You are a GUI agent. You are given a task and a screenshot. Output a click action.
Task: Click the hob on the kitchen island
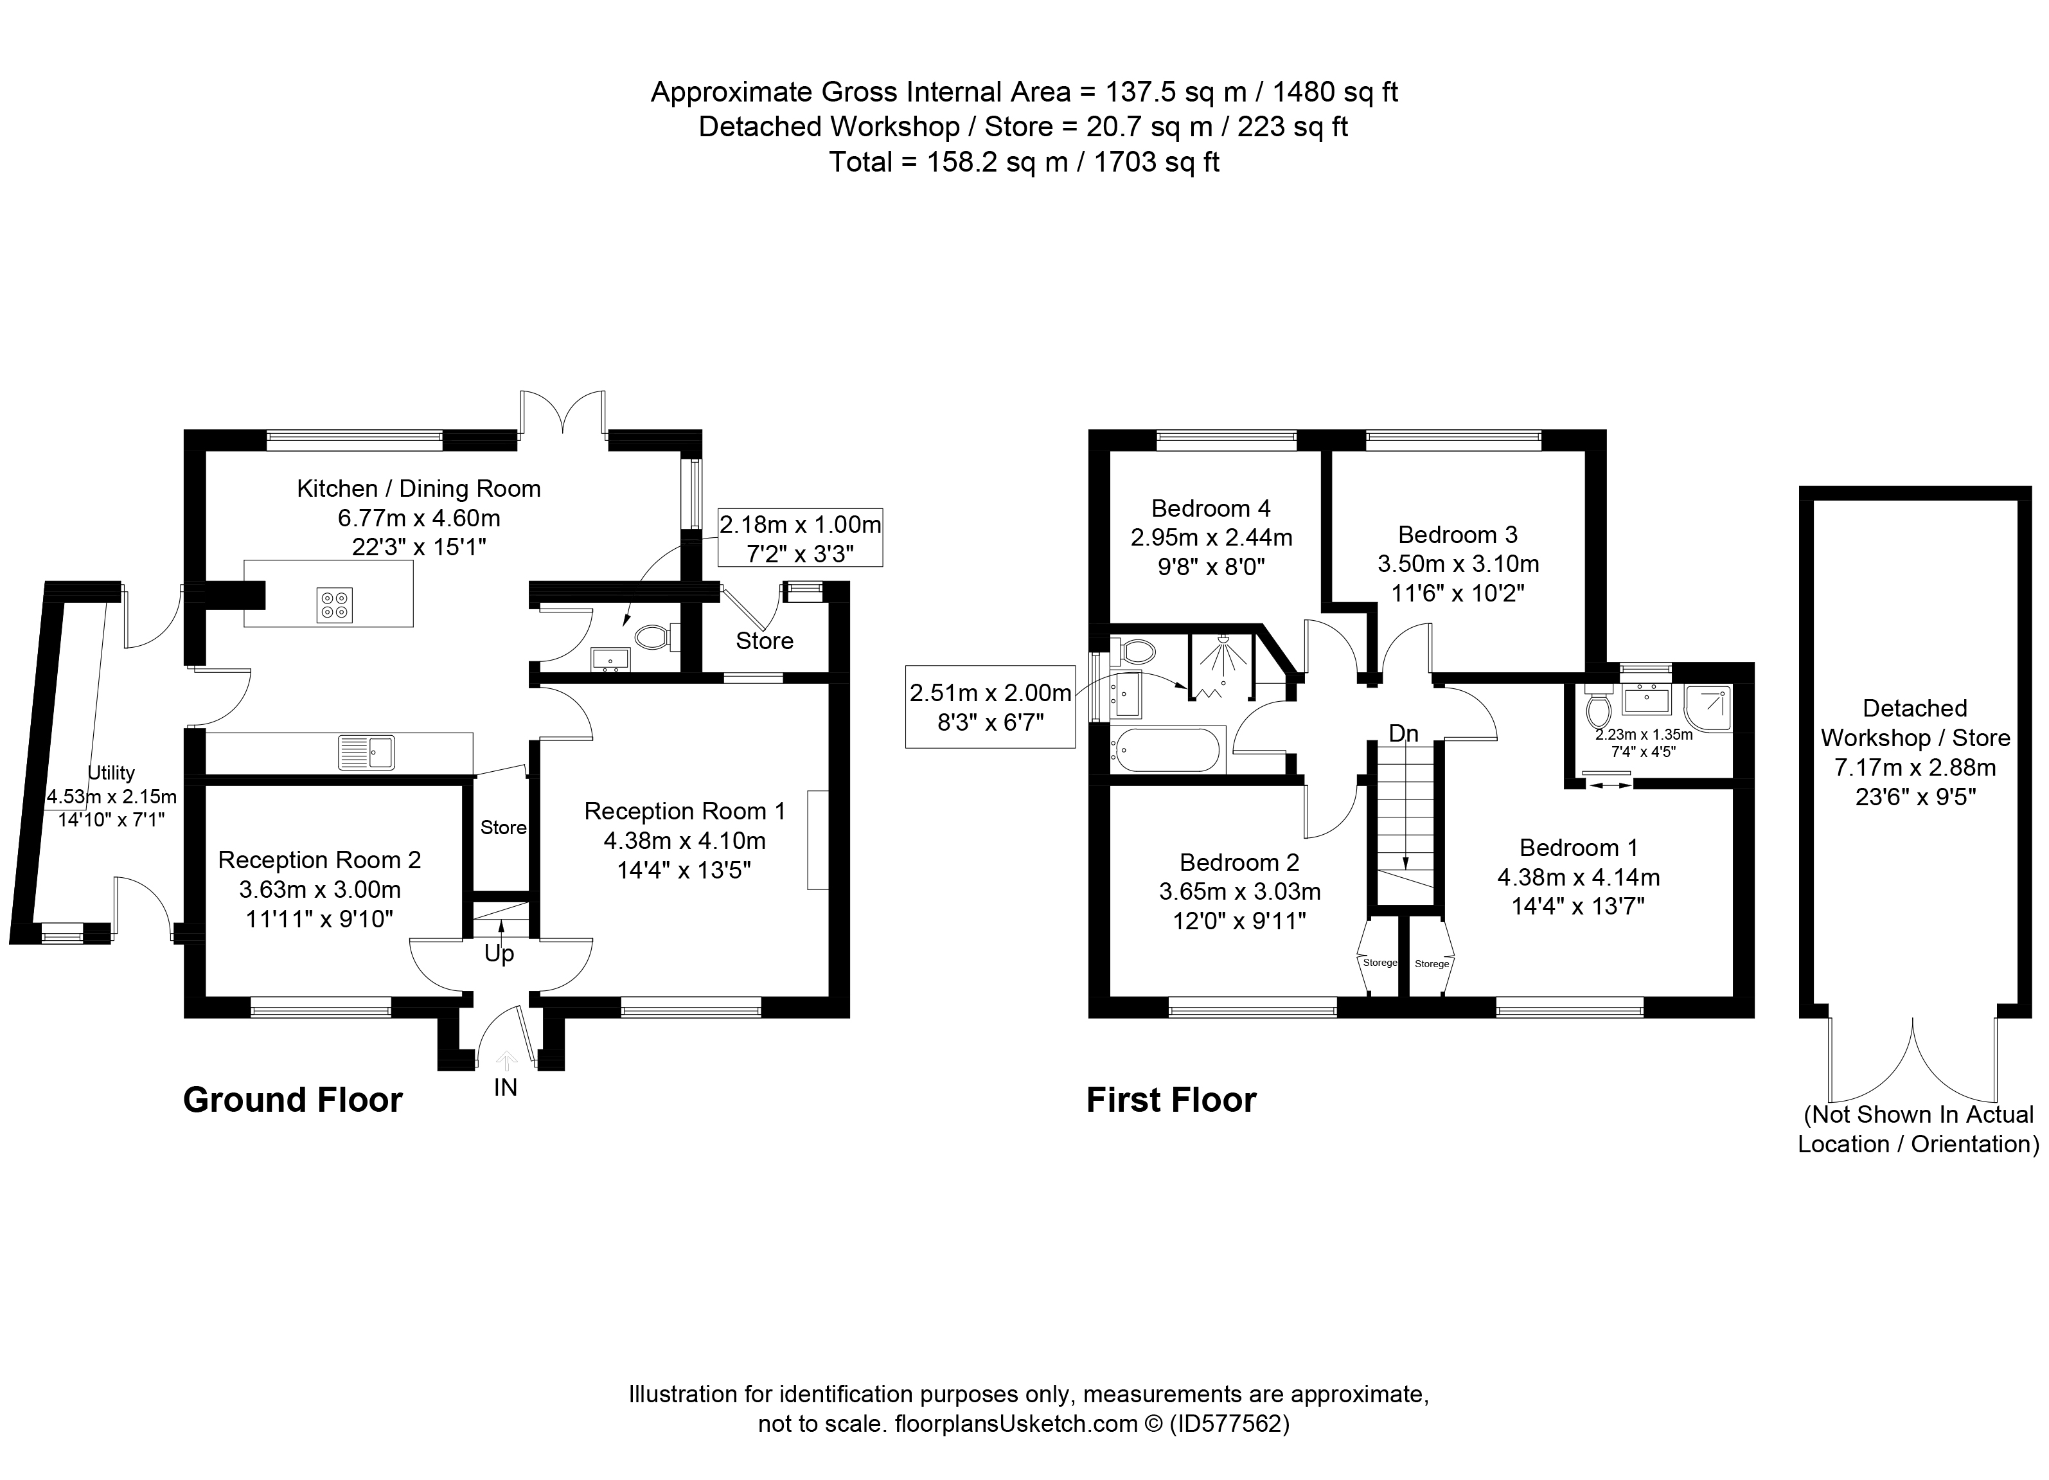pyautogui.click(x=335, y=605)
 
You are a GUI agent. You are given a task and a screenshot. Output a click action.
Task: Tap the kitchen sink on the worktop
pyautogui.click(x=367, y=753)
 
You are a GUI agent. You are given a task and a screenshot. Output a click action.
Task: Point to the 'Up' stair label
pyautogui.click(x=500, y=953)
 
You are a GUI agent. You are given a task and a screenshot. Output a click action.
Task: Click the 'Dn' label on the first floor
pyautogui.click(x=1404, y=734)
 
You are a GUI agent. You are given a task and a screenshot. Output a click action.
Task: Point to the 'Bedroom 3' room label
pyautogui.click(x=1457, y=534)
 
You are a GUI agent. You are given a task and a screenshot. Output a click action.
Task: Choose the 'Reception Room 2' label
pyautogui.click(x=320, y=859)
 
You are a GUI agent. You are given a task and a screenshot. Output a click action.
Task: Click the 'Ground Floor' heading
pyautogui.click(x=293, y=1100)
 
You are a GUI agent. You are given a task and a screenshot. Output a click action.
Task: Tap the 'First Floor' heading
pyautogui.click(x=1171, y=1100)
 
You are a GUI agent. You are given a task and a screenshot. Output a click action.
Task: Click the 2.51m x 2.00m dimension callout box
pyautogui.click(x=990, y=706)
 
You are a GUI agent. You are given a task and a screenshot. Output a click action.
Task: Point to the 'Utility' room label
pyautogui.click(x=111, y=772)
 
